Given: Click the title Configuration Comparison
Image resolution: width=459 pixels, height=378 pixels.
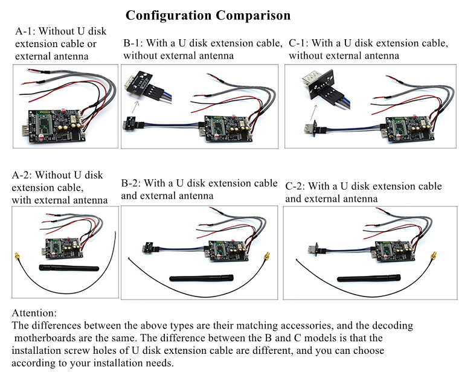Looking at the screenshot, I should click(208, 14).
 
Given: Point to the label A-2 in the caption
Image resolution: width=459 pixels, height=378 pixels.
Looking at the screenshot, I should click(24, 175).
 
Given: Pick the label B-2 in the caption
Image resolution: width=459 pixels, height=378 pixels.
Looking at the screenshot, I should click(133, 183).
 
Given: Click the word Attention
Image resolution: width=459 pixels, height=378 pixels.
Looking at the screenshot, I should click(34, 313).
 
